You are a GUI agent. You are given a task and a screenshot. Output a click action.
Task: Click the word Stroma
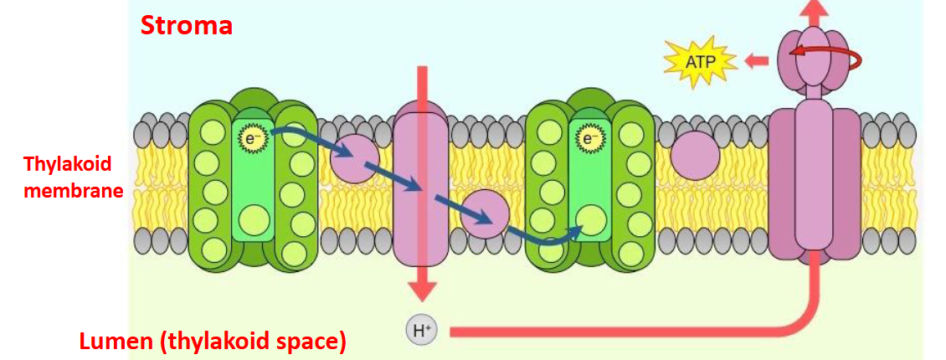click(187, 26)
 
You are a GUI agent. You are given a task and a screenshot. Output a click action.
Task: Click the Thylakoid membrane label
click(67, 177)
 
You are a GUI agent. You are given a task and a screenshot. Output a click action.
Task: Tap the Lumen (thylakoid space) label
click(212, 342)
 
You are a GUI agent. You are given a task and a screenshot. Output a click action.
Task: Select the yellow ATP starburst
click(699, 61)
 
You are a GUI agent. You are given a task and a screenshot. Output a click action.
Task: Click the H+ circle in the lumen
click(420, 331)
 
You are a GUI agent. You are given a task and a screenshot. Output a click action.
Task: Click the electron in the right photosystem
click(591, 137)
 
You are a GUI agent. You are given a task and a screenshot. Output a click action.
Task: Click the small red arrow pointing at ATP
click(757, 60)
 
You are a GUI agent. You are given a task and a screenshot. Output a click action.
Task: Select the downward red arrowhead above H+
click(422, 289)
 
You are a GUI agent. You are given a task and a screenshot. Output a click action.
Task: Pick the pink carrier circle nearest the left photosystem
click(354, 158)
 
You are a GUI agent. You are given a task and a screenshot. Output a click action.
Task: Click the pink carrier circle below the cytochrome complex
click(484, 214)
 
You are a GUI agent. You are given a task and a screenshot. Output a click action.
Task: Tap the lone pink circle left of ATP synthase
click(695, 155)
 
